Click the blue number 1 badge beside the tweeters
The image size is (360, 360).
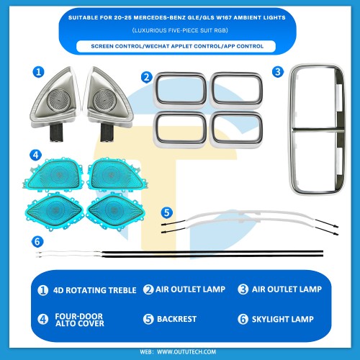38,72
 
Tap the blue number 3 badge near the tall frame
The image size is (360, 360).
278,72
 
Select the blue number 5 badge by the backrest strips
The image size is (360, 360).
167,212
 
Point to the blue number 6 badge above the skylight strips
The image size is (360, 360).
37,241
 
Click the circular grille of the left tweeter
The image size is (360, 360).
59,99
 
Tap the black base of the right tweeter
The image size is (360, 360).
107,132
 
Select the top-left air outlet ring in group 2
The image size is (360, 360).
180,89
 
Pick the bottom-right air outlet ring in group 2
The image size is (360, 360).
236,129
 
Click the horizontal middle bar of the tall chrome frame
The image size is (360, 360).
318,130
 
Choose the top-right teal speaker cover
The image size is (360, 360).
117,174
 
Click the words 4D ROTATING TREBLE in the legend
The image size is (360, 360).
95,290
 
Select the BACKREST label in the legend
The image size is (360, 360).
176,319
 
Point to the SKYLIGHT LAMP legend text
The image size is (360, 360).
283,319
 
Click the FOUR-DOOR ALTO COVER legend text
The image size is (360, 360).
79,320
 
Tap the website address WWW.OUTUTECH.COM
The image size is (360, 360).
186,352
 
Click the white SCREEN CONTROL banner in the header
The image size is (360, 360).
176,46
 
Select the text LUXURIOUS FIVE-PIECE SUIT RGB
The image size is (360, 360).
180,30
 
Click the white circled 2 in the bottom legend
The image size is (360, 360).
148,289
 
